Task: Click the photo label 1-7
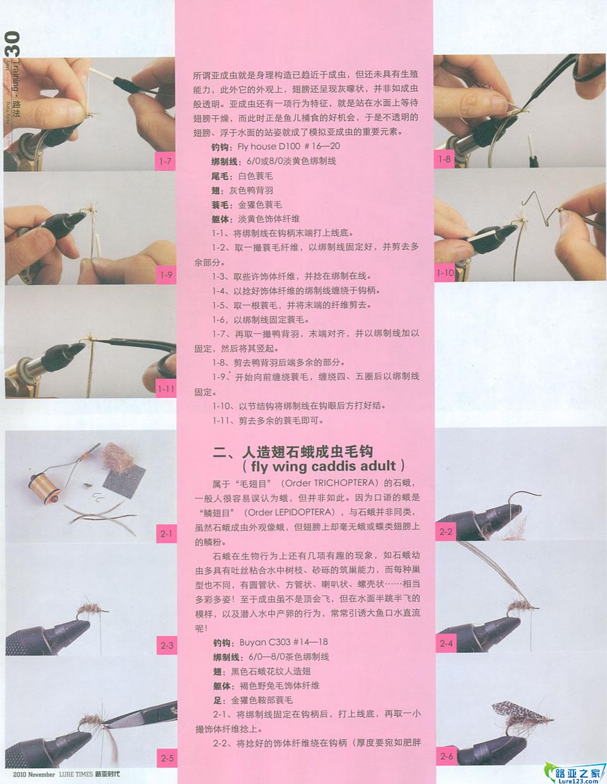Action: [x=165, y=161]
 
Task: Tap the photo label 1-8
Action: [x=445, y=159]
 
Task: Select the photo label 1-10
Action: [x=445, y=273]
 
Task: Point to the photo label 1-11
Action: [x=166, y=389]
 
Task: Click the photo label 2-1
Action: [x=166, y=534]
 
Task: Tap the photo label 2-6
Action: [x=446, y=756]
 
